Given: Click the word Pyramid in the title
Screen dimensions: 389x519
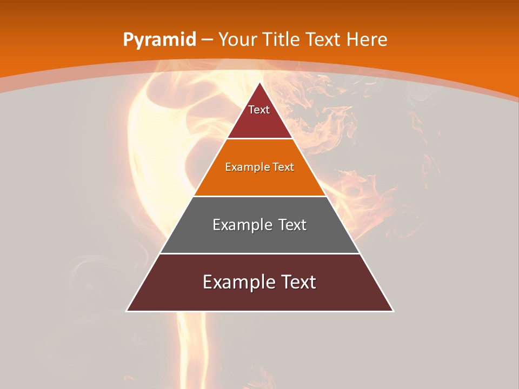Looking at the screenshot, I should point(159,40).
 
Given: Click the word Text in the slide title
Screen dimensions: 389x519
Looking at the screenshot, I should point(324,39).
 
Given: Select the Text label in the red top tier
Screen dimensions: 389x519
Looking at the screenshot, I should point(259,110).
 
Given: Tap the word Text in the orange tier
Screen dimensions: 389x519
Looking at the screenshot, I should point(283,167).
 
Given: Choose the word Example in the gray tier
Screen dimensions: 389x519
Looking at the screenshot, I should point(241,225).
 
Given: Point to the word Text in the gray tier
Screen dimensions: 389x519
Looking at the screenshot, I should point(291,225).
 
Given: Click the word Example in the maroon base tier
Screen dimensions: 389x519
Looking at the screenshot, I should point(236,282).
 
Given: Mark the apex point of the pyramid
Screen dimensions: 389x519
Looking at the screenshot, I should point(260,83).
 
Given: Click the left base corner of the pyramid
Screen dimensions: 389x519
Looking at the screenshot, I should point(127,311).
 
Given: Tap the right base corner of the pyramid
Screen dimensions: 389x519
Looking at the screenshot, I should point(394,311).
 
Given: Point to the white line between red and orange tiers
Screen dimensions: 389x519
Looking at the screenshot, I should point(260,139).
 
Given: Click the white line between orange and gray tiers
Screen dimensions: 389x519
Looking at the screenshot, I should point(260,196).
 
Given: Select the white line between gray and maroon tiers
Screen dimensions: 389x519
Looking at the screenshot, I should point(260,253).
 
